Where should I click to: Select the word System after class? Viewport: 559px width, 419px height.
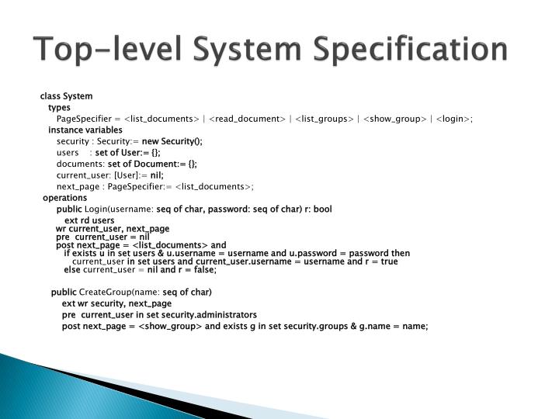click(x=78, y=96)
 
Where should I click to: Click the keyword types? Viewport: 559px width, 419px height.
click(x=59, y=107)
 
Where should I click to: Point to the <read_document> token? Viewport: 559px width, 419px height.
click(x=245, y=118)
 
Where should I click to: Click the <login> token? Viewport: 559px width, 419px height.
click(x=450, y=118)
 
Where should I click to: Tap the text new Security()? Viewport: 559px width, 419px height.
click(x=172, y=141)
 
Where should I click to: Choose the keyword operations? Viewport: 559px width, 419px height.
click(x=64, y=198)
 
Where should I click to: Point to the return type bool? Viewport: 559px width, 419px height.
click(x=322, y=209)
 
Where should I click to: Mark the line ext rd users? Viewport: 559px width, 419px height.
click(x=89, y=221)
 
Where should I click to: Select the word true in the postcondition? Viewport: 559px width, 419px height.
click(x=389, y=261)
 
